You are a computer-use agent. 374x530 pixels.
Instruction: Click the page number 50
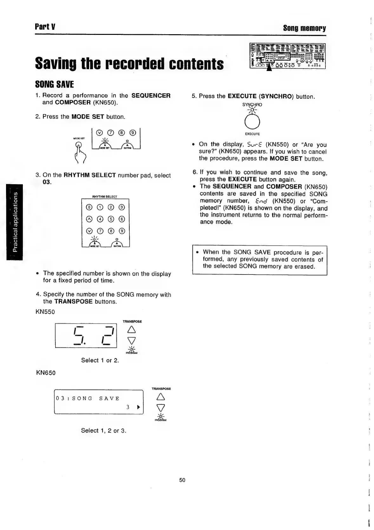pos(182,480)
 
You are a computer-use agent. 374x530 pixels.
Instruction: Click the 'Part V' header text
pos(45,27)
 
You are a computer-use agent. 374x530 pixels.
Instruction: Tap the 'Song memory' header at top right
pos(304,28)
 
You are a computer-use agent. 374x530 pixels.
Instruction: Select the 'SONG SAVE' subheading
pos(54,84)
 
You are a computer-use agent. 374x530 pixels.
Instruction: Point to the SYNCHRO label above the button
pos(252,104)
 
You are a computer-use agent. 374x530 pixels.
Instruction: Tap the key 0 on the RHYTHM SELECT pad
pos(89,208)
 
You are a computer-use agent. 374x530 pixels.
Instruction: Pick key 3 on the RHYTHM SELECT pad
pos(121,208)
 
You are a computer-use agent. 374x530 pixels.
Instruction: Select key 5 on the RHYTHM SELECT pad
pos(111,219)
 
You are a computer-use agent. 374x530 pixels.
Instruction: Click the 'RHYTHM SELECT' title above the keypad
pos(105,197)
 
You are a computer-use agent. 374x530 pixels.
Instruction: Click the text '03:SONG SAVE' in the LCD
pos(88,398)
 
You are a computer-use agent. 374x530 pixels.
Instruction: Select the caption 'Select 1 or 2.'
pos(100,360)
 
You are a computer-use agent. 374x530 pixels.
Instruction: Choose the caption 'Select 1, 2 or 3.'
pos(103,430)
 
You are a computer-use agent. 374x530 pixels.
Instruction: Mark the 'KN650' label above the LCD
pos(46,373)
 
